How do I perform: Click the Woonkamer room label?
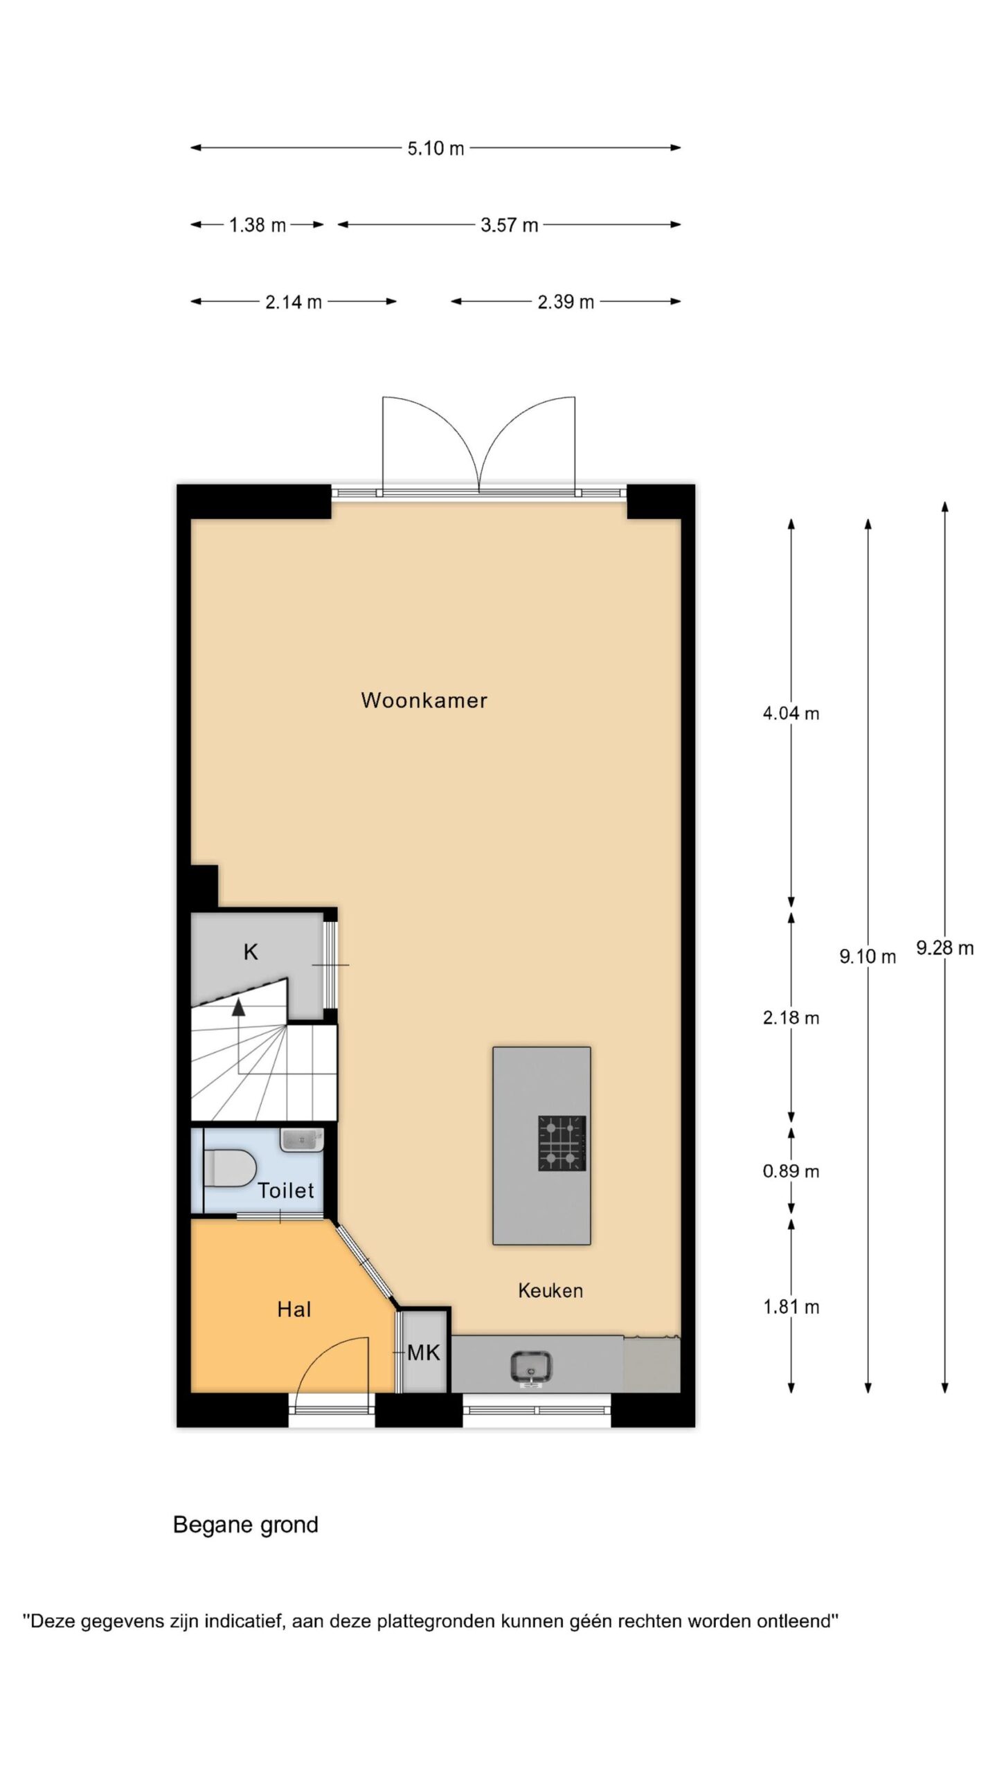tap(424, 700)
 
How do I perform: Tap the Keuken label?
tap(550, 1290)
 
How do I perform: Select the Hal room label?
tap(294, 1309)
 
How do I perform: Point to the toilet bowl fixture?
tap(229, 1168)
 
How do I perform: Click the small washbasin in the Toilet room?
tap(302, 1139)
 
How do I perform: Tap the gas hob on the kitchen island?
tap(562, 1143)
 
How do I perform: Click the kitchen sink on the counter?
tap(531, 1367)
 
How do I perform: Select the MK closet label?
tap(423, 1353)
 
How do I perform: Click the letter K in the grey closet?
tap(251, 952)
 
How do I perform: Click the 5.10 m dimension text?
tap(435, 148)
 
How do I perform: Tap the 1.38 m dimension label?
tap(258, 225)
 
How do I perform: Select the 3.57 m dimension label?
tap(510, 225)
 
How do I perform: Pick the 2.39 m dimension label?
tap(566, 302)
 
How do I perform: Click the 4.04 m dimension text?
tap(791, 713)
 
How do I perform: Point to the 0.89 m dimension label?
tap(791, 1171)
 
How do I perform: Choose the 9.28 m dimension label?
tap(945, 948)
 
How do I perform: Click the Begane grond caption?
tap(246, 1525)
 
